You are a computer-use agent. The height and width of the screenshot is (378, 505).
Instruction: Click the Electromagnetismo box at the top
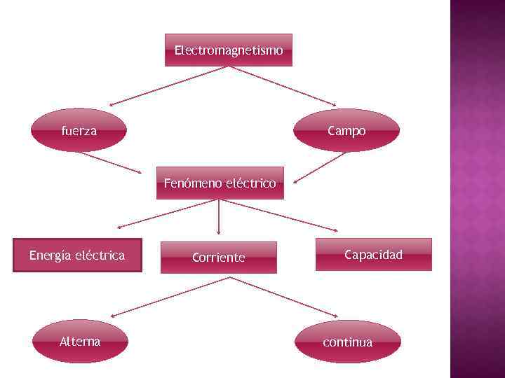coord(229,50)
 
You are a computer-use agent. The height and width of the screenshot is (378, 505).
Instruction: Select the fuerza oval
coord(79,130)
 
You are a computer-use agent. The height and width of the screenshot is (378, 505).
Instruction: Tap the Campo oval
coord(346,131)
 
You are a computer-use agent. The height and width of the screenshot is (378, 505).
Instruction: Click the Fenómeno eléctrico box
coord(220,183)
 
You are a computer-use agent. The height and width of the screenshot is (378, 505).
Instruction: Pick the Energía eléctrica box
coord(77,255)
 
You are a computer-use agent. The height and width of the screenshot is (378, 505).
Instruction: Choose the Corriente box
coord(219,258)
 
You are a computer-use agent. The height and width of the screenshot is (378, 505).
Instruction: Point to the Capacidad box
coord(373,255)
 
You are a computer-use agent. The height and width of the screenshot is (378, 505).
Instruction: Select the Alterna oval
coord(80,342)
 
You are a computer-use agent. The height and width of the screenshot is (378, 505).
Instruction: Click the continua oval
coord(348,342)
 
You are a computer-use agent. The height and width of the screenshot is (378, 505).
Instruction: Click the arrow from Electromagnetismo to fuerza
coord(168,85)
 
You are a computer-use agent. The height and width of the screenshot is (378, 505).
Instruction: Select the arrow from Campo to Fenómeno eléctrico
coord(321,167)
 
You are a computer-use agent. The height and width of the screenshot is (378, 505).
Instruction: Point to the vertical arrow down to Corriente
coord(220,217)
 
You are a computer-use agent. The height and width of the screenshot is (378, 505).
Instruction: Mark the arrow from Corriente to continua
coord(283,296)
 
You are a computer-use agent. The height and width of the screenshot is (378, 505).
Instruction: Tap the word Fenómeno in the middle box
coord(193,184)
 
